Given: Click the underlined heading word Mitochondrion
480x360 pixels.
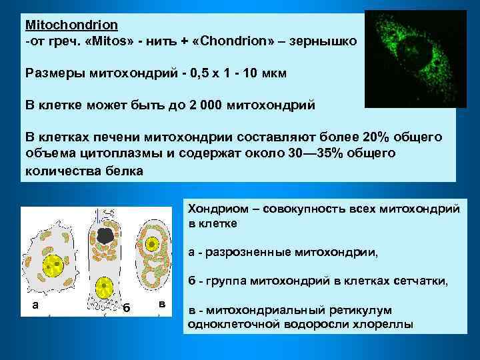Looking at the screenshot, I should click(71, 25).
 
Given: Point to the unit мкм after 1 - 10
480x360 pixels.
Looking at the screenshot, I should click(273, 73).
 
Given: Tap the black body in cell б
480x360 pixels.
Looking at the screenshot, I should click(105, 235).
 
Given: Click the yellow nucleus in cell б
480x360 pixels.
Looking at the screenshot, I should click(103, 288).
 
